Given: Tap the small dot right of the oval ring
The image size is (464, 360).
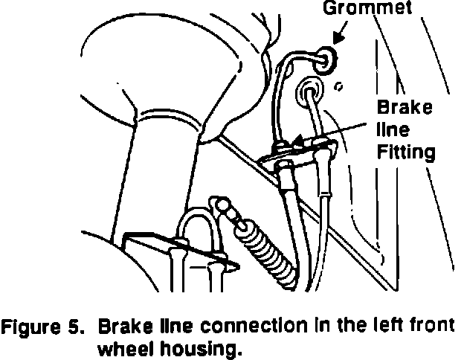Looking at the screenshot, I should (x=338, y=87).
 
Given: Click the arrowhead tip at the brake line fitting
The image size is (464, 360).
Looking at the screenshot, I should (x=296, y=140).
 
